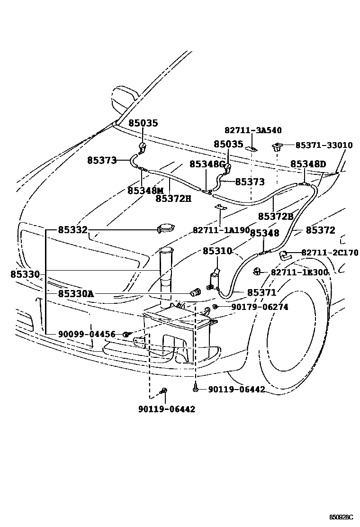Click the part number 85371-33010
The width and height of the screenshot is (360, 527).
tap(324, 145)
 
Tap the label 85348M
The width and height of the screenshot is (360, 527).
tap(145, 190)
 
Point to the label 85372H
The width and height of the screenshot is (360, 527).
tap(173, 199)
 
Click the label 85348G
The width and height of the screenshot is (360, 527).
tap(207, 164)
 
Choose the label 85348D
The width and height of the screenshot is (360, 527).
tap(308, 164)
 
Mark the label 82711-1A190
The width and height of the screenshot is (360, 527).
tap(221, 230)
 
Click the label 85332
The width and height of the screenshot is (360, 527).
tap(73, 230)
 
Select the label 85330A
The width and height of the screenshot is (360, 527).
tap(76, 294)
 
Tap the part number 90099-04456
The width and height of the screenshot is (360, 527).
tap(87, 334)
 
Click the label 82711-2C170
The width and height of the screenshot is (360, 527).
tap(330, 253)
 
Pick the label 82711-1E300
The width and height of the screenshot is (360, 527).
tap(299, 272)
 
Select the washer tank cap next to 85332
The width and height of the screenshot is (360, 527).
tap(164, 228)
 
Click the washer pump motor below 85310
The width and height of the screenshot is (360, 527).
tap(215, 279)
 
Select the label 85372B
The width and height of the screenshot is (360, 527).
tap(276, 216)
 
